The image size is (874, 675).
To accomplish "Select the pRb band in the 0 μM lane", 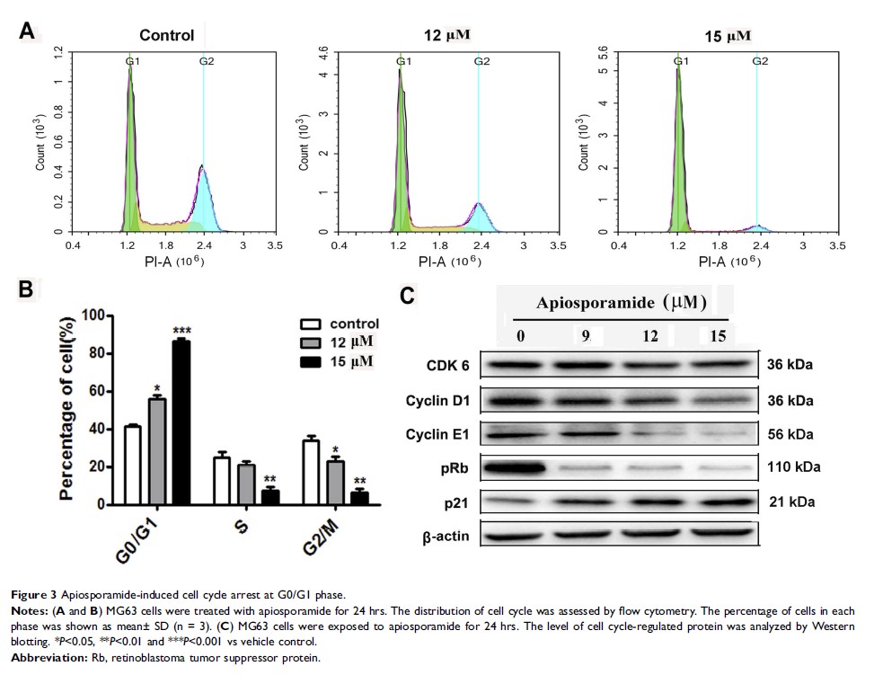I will tap(516, 467).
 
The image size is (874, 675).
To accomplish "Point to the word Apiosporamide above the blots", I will tap(583, 303).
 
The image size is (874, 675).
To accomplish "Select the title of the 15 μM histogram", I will tap(725, 36).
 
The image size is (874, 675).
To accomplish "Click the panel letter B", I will tap(26, 289).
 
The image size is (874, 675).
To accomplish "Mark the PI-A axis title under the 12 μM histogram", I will tap(447, 262).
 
